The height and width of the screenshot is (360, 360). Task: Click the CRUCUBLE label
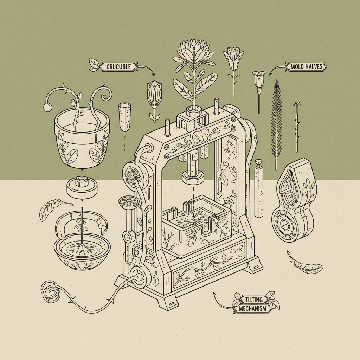119,67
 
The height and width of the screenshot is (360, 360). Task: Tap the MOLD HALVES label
307,67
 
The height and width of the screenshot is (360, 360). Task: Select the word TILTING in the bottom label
254,300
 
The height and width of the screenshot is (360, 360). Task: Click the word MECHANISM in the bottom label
252,308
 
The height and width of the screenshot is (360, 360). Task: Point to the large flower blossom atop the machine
194,50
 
